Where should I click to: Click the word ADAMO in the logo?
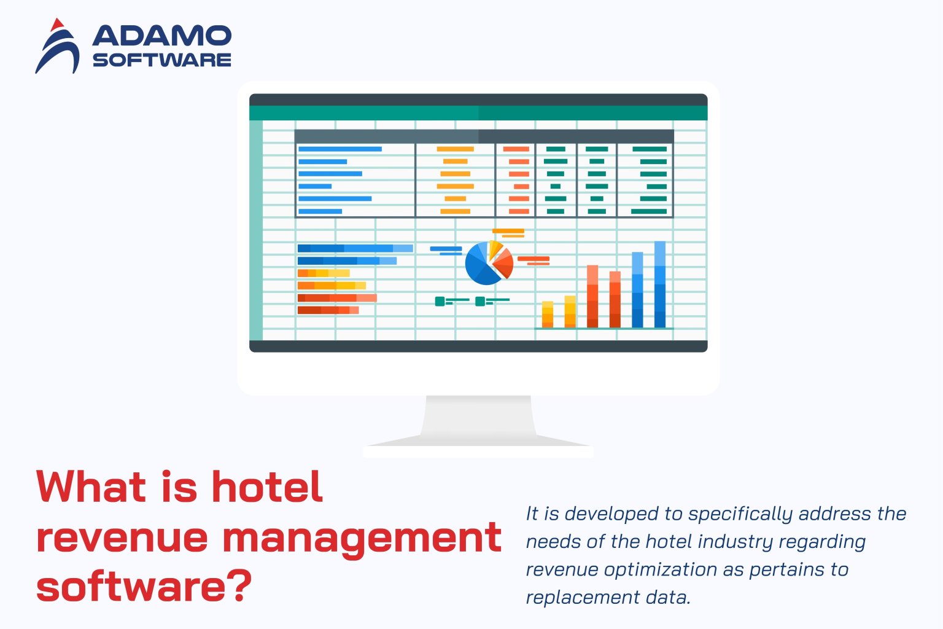tap(161, 36)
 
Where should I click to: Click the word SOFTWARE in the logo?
tap(161, 60)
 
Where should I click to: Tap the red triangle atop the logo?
tap(57, 25)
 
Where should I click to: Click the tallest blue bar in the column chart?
tap(660, 284)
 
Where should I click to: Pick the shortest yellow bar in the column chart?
tap(548, 314)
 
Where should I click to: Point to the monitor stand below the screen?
tap(478, 424)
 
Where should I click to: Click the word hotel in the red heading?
tap(267, 487)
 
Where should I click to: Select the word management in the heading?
tap(362, 537)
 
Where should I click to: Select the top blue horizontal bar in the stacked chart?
tap(355, 248)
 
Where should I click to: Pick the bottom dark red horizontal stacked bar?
tap(328, 310)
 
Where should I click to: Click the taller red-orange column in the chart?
tap(592, 296)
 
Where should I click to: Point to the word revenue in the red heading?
tap(123, 537)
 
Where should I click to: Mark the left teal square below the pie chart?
tap(440, 301)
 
